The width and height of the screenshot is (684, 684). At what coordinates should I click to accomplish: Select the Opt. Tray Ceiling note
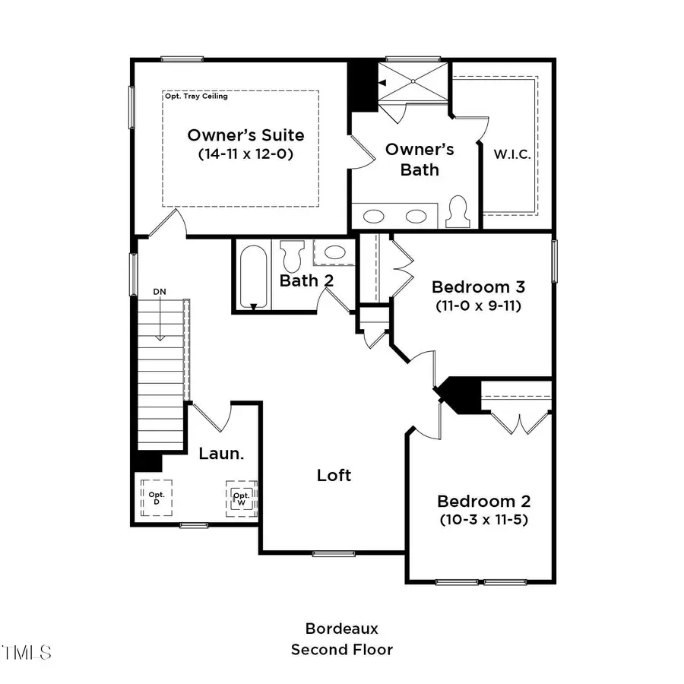196,97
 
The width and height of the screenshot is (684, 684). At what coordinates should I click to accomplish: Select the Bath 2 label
306,280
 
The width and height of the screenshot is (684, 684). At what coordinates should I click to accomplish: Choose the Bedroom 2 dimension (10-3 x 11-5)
483,521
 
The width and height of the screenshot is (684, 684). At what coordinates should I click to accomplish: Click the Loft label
334,475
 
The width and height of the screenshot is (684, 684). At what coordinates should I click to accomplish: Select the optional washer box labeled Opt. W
241,498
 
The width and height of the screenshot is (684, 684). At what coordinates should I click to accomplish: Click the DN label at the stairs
160,292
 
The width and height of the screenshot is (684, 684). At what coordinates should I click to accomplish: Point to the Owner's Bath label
420,159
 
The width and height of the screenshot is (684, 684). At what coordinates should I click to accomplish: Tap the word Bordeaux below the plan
341,629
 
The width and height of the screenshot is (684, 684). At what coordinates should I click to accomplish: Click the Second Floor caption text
341,650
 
